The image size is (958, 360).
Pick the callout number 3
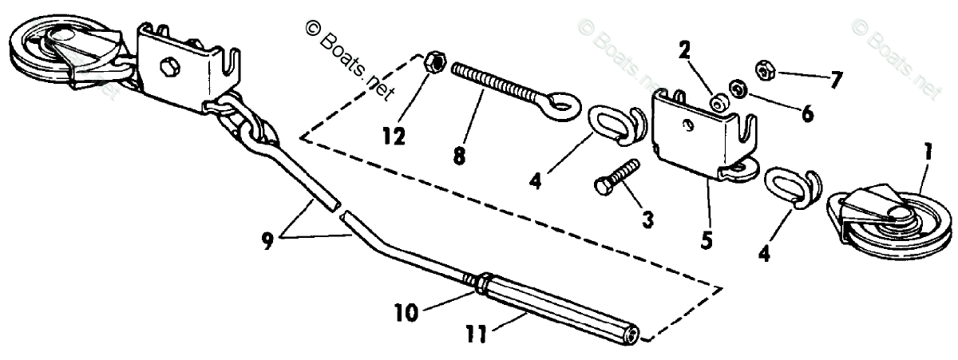click(x=647, y=220)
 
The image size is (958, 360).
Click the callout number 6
click(x=807, y=114)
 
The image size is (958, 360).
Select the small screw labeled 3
click(x=616, y=176)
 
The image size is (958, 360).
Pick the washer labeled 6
click(x=738, y=88)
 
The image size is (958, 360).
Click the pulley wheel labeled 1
click(x=886, y=220)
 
